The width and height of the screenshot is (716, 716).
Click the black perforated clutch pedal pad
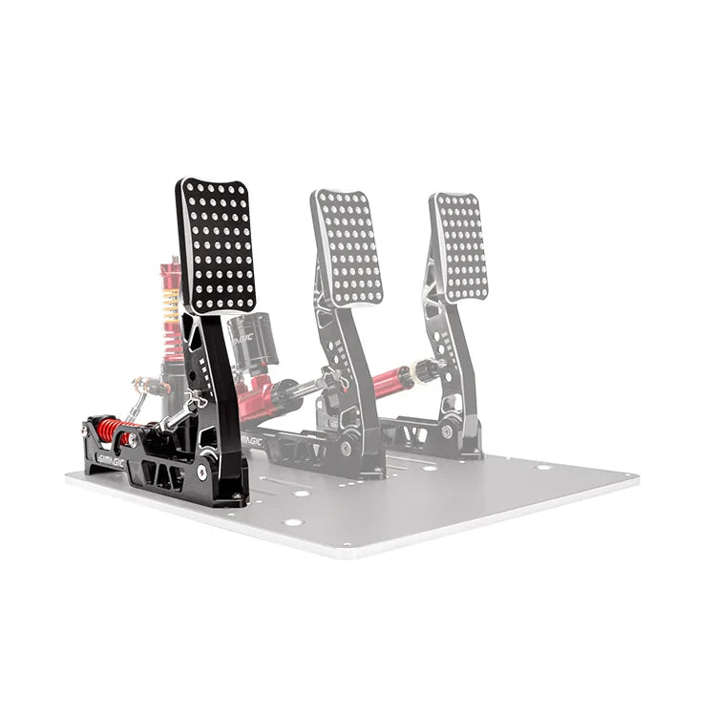(x=217, y=245)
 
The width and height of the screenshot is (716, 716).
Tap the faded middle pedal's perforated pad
(x=347, y=247)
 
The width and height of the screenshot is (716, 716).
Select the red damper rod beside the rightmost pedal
(x=391, y=380)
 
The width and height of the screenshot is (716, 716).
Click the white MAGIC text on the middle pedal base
(x=251, y=442)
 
